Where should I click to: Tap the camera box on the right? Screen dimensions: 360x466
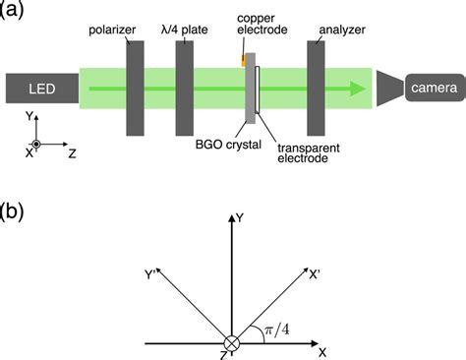click(433, 89)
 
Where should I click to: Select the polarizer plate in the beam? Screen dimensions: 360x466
click(136, 88)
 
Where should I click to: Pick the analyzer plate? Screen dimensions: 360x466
click(318, 88)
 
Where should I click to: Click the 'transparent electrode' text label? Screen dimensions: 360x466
click(305, 152)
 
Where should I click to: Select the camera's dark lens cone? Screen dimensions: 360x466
click(389, 89)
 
